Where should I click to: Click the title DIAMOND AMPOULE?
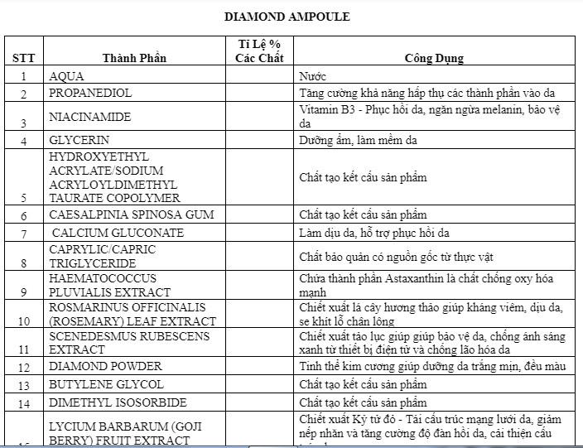coord(287,17)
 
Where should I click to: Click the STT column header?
coord(22,58)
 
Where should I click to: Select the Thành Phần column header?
coord(134,58)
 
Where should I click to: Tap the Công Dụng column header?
coord(433,58)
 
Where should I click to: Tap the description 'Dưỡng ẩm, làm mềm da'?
coord(358,140)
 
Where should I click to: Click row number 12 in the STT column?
coord(23,367)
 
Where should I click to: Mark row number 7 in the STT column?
coord(23,234)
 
